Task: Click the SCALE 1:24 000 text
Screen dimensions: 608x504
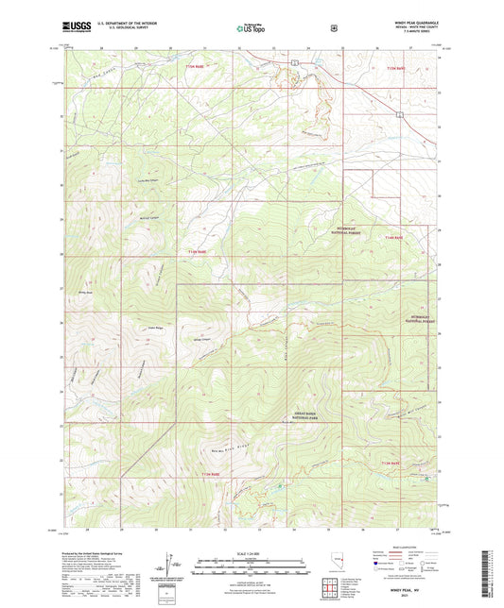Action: click(252, 553)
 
